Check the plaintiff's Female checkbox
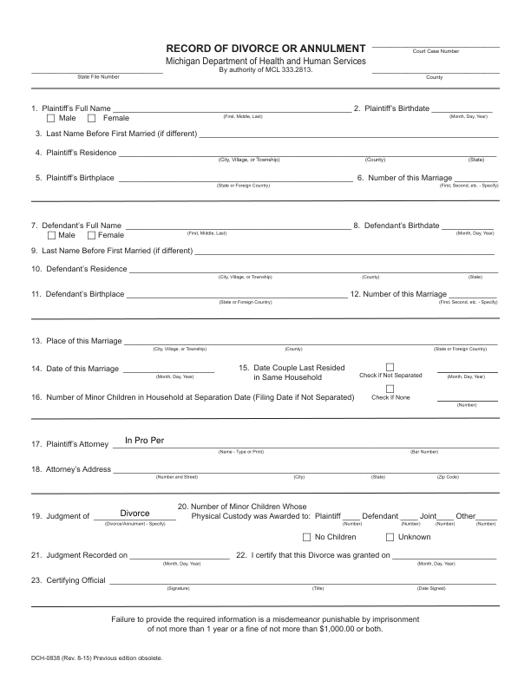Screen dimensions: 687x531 (91, 118)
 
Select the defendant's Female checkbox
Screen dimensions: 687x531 (91, 235)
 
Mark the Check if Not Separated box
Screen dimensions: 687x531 (390, 366)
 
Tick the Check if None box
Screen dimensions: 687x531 (390, 388)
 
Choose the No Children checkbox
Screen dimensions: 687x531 (306, 537)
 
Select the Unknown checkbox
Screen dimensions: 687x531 (390, 537)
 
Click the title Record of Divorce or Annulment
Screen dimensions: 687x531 (265, 48)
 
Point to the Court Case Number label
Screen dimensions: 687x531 (436, 51)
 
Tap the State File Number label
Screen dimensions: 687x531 (98, 77)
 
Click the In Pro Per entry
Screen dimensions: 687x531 (144, 441)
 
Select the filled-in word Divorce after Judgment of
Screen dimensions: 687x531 (135, 514)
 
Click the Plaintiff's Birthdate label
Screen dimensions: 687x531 (397, 108)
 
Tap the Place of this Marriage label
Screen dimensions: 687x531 (76, 341)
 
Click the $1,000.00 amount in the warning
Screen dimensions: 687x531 (340, 629)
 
